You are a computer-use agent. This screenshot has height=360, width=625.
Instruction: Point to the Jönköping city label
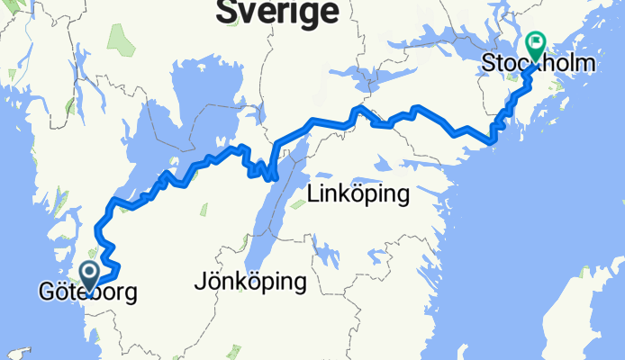249,282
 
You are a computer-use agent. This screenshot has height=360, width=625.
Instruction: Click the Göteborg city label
87,292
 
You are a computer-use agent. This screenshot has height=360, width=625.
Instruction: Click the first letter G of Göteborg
46,292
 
